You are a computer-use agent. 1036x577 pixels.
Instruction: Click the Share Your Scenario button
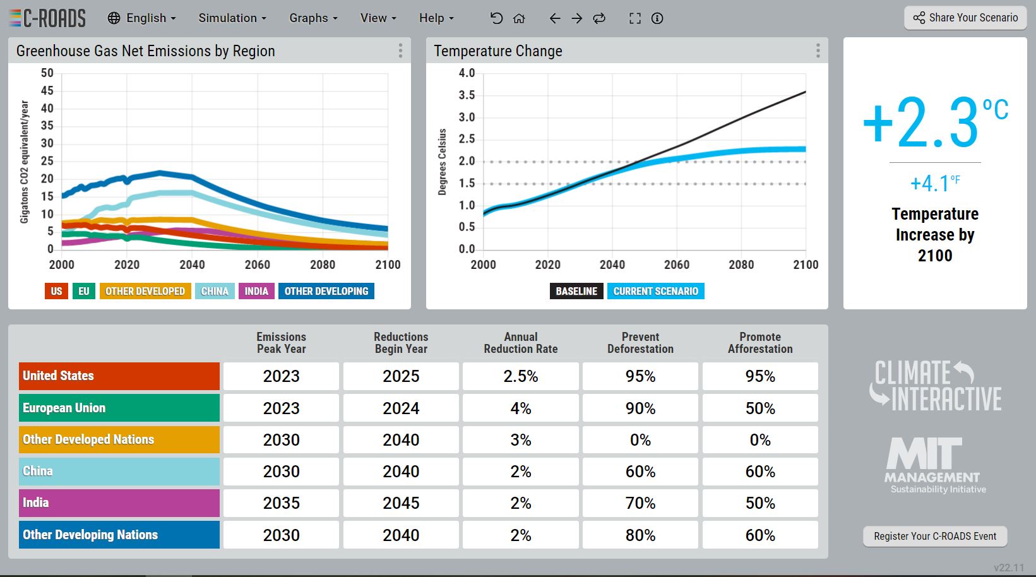[x=965, y=18]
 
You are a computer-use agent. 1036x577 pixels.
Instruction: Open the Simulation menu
[x=232, y=18]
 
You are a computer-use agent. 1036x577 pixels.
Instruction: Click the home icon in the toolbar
[x=519, y=18]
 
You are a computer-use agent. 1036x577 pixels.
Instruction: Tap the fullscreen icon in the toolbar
[x=635, y=18]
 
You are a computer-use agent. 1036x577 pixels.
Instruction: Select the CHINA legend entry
[x=215, y=291]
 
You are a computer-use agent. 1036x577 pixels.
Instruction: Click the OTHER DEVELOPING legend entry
[x=326, y=291]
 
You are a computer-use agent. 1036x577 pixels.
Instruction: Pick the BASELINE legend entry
[x=576, y=291]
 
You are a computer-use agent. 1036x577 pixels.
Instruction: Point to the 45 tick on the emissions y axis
[x=47, y=91]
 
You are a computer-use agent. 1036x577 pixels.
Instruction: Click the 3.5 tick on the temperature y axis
[x=467, y=95]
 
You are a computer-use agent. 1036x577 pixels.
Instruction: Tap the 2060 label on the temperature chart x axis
[x=677, y=265]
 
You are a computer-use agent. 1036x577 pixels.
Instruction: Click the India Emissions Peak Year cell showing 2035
[x=281, y=503]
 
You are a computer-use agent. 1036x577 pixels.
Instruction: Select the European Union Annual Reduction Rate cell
[x=521, y=408]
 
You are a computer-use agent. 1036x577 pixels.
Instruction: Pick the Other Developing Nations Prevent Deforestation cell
[x=641, y=535]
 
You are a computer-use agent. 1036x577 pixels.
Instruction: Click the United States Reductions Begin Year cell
[x=401, y=376]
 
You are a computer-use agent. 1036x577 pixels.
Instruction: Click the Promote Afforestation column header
[x=760, y=343]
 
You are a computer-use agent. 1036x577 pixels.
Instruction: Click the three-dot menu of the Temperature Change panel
[x=818, y=51]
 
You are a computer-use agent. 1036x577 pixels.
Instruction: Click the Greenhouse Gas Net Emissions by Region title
[x=146, y=51]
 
